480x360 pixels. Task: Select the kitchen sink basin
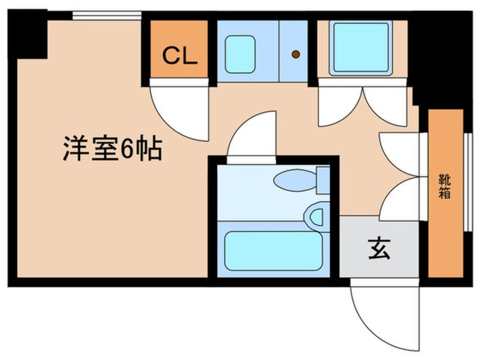[x=239, y=54]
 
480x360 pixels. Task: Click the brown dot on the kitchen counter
[x=296, y=55]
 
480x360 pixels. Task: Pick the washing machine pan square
[x=361, y=48]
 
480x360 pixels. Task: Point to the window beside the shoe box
[x=468, y=182]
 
